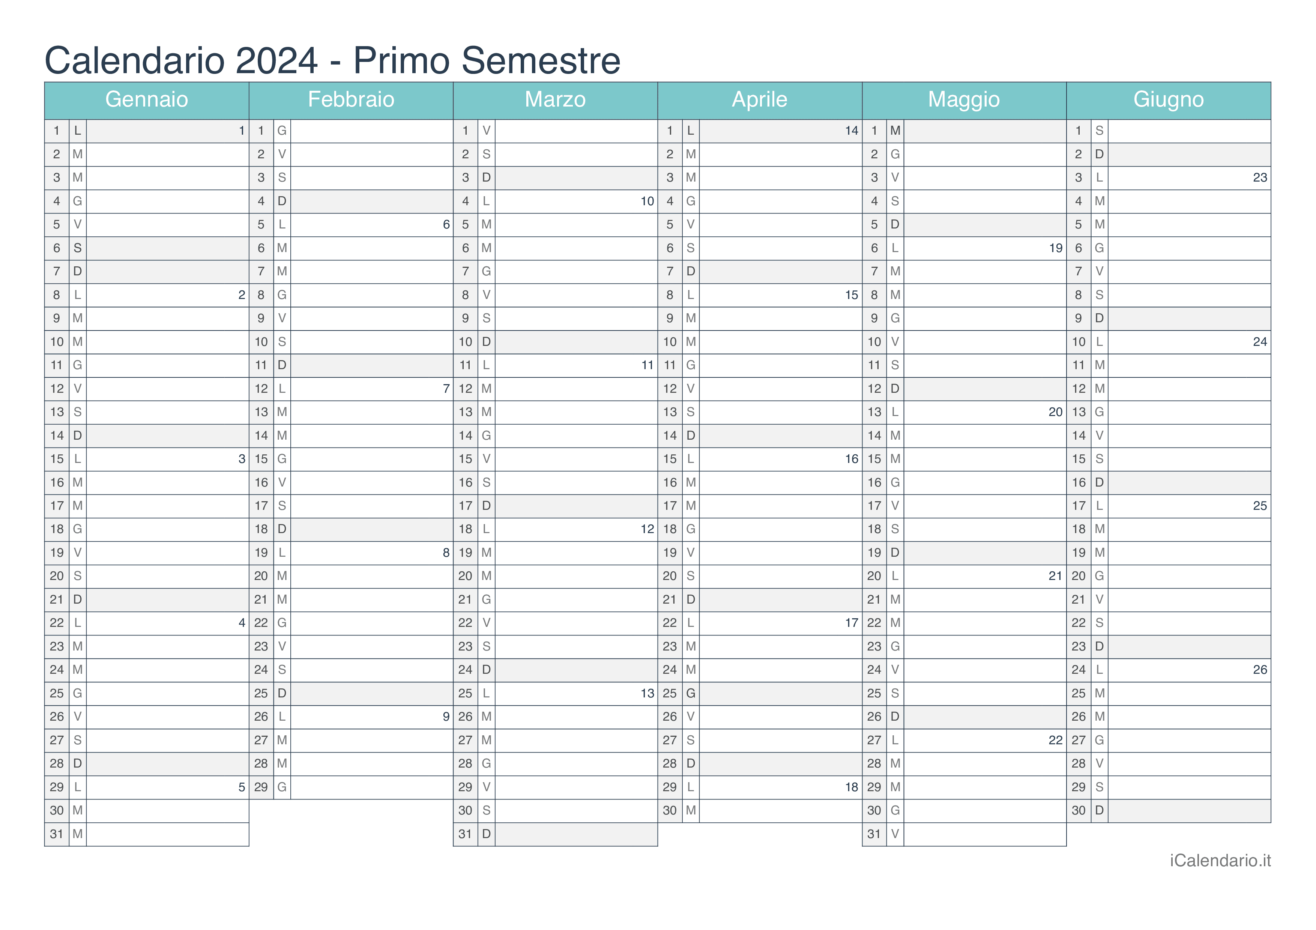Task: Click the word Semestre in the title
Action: [x=541, y=60]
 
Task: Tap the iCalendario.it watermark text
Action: [x=1220, y=861]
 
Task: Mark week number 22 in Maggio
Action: [x=1055, y=740]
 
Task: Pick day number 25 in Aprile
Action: [x=670, y=693]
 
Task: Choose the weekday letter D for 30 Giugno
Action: [x=1099, y=811]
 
